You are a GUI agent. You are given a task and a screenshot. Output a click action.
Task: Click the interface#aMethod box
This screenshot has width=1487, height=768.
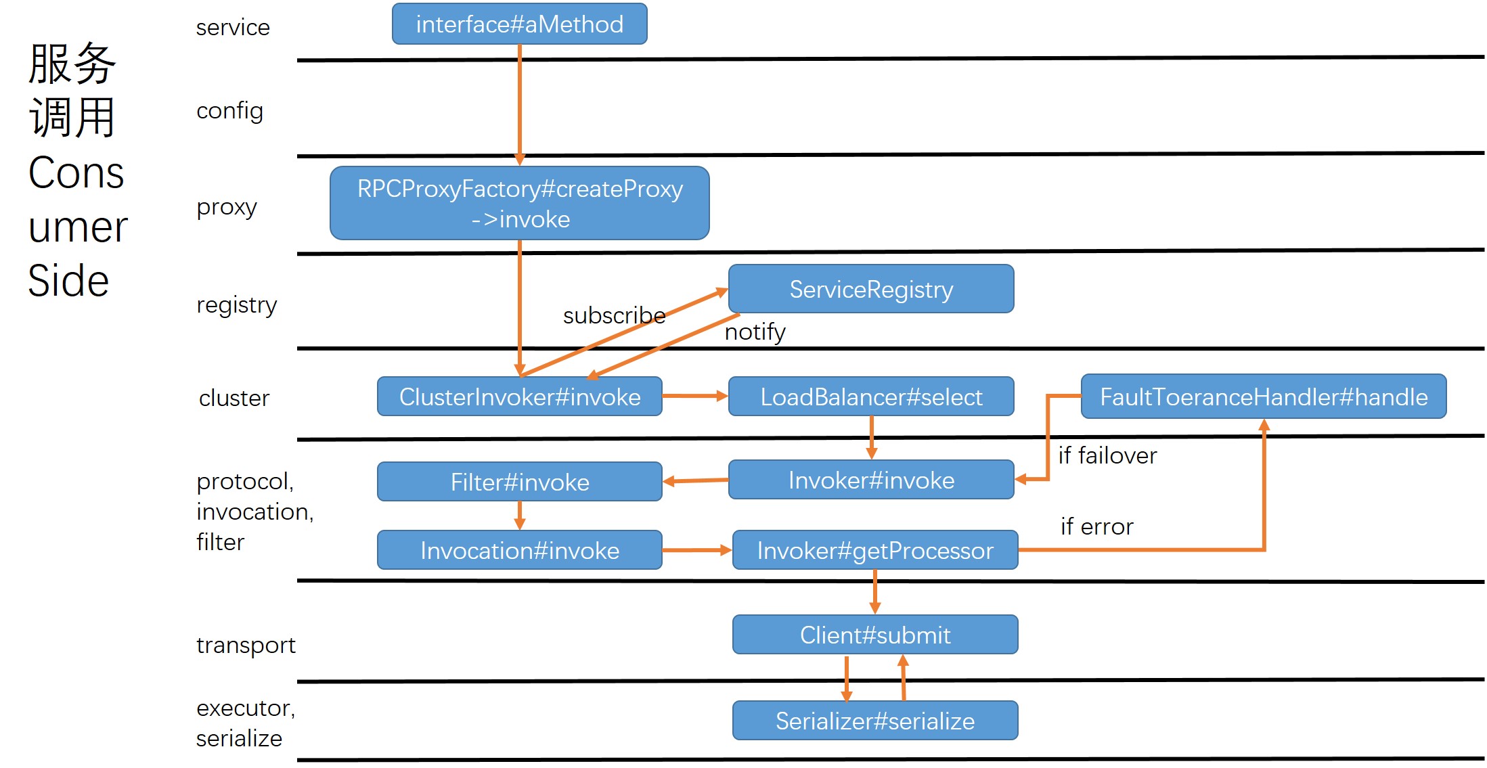pyautogui.click(x=519, y=24)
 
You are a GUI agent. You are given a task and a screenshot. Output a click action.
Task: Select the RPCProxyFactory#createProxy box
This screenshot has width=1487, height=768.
pyautogui.click(x=519, y=203)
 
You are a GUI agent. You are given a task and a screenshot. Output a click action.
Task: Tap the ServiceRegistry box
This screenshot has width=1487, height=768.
pyautogui.click(x=870, y=289)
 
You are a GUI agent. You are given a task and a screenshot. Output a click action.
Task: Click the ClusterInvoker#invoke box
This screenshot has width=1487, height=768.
pyautogui.click(x=519, y=397)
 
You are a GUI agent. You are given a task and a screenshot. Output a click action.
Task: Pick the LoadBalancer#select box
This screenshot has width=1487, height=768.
pyautogui.click(x=870, y=397)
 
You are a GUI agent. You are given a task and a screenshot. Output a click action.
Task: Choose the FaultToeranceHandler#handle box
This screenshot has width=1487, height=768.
pyautogui.click(x=1263, y=397)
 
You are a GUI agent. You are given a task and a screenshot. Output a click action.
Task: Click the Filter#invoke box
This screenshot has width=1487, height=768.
pyautogui.click(x=519, y=482)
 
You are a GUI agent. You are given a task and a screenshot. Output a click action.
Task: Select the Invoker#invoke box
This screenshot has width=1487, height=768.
pyautogui.click(x=870, y=480)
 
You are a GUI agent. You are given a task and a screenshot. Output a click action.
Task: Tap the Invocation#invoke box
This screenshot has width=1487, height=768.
pyautogui.click(x=519, y=550)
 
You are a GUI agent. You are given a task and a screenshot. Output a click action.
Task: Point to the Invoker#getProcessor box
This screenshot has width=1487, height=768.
pyautogui.click(x=874, y=550)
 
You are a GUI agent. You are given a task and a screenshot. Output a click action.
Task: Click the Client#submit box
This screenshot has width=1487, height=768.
pyautogui.click(x=874, y=635)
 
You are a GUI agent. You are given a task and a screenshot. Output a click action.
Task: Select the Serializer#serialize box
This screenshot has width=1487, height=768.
pyautogui.click(x=874, y=721)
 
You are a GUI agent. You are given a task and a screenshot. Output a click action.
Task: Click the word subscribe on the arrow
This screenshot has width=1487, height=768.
pyautogui.click(x=614, y=315)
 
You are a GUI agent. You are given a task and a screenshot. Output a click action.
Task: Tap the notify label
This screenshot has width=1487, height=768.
pyautogui.click(x=755, y=332)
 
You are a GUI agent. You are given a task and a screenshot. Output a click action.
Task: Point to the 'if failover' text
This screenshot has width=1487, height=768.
pyautogui.click(x=1107, y=455)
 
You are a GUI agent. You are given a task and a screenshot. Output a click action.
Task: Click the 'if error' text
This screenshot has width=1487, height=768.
pyautogui.click(x=1096, y=526)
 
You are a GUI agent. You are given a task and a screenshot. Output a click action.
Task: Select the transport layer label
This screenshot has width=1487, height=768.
pyautogui.click(x=246, y=646)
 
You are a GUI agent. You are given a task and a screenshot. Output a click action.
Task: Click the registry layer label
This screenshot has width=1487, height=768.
pyautogui.click(x=236, y=305)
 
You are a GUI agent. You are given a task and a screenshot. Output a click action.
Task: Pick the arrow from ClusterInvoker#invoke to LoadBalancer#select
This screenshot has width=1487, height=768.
pyautogui.click(x=694, y=396)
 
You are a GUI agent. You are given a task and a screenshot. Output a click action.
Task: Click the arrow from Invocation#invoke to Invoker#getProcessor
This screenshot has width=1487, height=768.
pyautogui.click(x=696, y=550)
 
